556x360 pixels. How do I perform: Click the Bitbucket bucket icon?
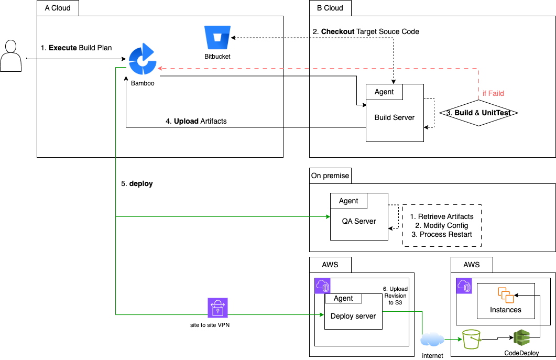point(217,37)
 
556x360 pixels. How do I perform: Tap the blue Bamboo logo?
point(142,61)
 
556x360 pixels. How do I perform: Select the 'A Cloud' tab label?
point(58,8)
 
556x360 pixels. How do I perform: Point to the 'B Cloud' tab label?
point(330,8)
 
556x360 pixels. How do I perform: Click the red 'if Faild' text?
point(493,93)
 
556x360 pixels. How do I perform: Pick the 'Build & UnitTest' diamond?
point(478,113)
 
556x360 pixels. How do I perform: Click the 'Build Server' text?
point(395,117)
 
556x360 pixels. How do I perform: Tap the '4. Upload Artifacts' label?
point(196,121)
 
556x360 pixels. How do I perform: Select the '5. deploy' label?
point(137,184)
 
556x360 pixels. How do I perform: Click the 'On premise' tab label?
point(330,176)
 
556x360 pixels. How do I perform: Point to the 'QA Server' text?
point(359,221)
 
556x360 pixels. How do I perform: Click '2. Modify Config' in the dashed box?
point(442,225)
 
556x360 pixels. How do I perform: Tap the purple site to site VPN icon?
point(217,308)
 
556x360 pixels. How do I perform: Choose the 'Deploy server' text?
point(353,316)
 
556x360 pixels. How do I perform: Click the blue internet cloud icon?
point(432,340)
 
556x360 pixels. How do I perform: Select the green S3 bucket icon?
point(471,339)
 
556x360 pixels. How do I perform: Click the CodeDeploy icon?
point(522,339)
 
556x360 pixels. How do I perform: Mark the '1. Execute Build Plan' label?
point(77,48)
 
